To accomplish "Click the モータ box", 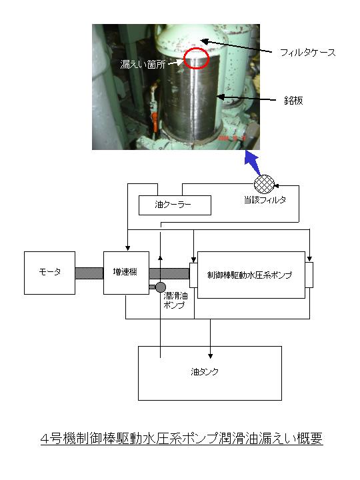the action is tap(49, 273).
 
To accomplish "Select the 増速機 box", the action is tap(126, 273).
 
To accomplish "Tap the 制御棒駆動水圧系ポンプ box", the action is tap(251, 275).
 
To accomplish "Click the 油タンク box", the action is tap(210, 373).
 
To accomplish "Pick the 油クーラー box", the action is tap(175, 205).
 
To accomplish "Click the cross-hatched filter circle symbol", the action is tap(264, 184).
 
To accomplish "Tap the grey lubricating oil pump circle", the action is tap(161, 287).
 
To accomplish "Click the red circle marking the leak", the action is tap(196, 58).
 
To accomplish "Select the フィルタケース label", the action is tap(307, 53).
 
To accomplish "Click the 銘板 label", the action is tap(293, 101).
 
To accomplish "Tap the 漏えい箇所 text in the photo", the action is tap(143, 64).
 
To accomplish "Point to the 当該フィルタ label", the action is tap(265, 200).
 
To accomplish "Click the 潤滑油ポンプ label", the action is tap(175, 300).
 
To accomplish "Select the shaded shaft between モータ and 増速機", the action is tap(89, 273).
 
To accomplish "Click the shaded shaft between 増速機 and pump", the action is tap(169, 273).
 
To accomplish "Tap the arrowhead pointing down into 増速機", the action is tap(127, 248).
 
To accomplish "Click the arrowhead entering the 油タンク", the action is tap(210, 356).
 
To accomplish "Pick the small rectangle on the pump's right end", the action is tap(309, 275).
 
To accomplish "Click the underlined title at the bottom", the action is tap(182, 439).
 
